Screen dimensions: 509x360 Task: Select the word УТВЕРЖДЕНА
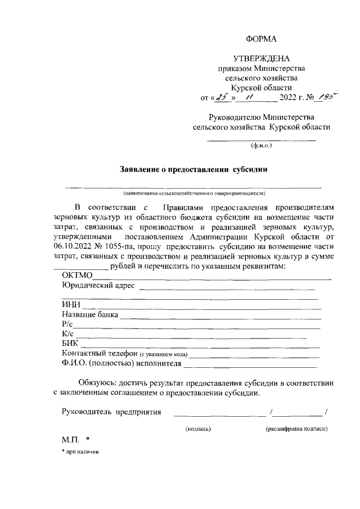click(x=262, y=58)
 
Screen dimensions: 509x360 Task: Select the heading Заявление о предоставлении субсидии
click(x=192, y=169)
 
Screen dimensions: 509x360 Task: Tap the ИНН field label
click(x=71, y=305)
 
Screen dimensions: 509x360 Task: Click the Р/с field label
click(x=67, y=325)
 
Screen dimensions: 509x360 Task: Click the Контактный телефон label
click(x=100, y=353)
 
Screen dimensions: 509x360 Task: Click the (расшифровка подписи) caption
click(x=296, y=429)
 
